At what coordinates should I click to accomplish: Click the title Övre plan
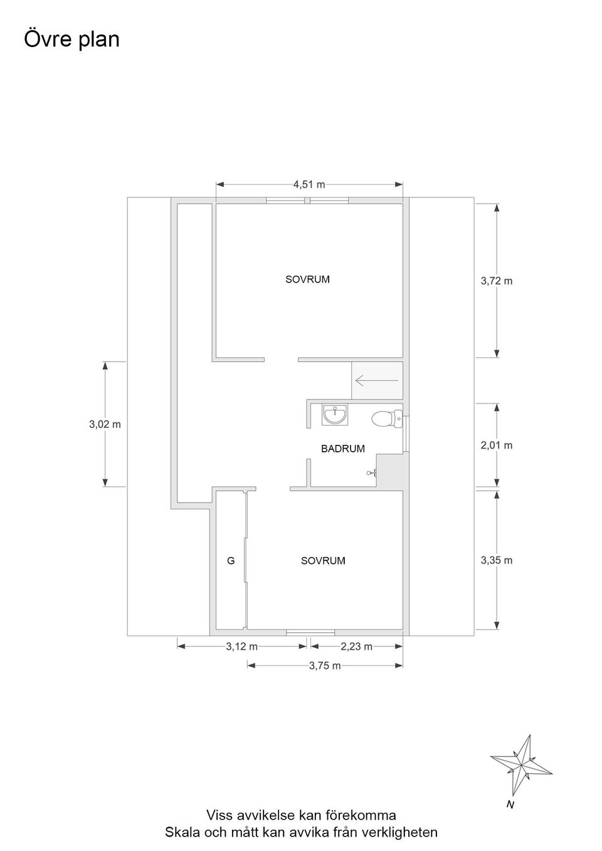[x=72, y=39]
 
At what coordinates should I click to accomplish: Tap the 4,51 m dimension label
[x=309, y=185]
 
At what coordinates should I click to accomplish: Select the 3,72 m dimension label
[x=497, y=281]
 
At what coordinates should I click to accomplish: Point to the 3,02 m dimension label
[x=105, y=424]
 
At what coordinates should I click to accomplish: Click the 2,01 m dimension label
[x=497, y=445]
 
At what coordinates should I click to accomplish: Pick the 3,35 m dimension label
[x=497, y=560]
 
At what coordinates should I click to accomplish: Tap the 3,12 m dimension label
[x=241, y=646]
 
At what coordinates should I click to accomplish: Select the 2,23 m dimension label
[x=356, y=646]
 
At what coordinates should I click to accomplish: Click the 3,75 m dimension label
[x=325, y=666]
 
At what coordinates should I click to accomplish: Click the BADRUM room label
[x=343, y=449]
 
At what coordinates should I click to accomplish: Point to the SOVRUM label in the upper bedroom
[x=307, y=279]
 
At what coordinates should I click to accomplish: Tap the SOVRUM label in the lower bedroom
[x=323, y=561]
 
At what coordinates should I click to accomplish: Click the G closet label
[x=231, y=560]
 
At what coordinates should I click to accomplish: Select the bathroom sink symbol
[x=335, y=414]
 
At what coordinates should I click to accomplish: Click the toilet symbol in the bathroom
[x=387, y=419]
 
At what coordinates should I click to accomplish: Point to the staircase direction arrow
[x=377, y=380]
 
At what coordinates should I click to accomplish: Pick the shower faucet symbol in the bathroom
[x=372, y=472]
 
